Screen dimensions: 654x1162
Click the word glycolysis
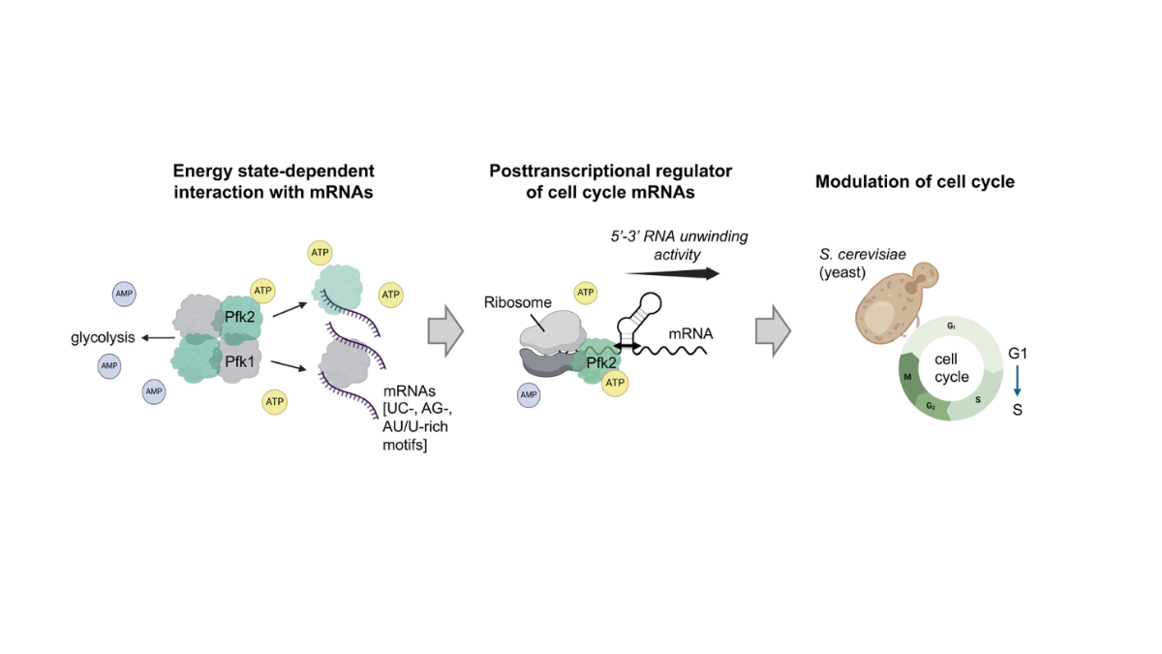102,337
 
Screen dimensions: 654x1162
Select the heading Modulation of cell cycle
914,181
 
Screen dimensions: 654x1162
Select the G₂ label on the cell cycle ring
930,405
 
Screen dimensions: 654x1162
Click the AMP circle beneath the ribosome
528,395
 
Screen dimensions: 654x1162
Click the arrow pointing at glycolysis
155,337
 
